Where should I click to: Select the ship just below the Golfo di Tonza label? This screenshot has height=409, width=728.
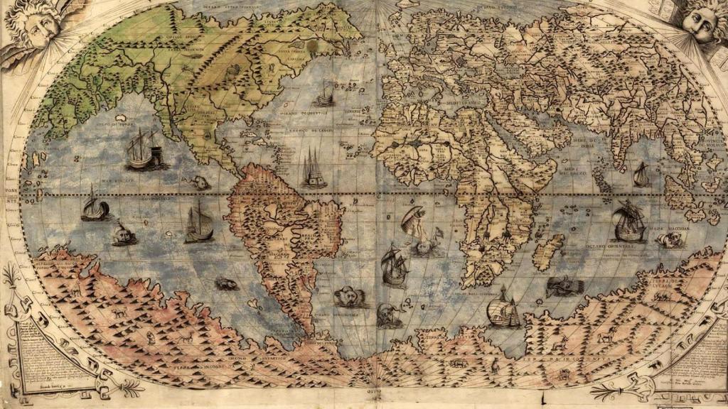[144, 150]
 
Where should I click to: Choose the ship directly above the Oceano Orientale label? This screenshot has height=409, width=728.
[628, 221]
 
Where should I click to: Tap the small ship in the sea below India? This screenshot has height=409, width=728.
[641, 174]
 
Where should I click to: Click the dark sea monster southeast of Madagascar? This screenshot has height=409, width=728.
[565, 288]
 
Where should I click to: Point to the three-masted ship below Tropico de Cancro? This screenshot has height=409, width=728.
[313, 169]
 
